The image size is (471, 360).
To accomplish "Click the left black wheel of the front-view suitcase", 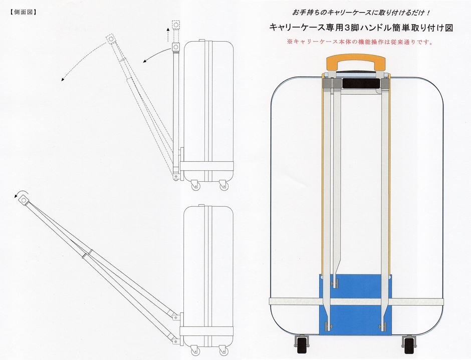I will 302,345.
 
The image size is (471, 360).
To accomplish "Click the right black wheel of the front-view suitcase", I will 409,345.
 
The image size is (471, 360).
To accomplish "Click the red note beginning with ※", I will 360,43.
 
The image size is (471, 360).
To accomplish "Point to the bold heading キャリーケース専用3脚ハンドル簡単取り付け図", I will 361,28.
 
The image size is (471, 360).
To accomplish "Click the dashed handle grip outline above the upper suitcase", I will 176,25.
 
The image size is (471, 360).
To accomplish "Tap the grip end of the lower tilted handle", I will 23,200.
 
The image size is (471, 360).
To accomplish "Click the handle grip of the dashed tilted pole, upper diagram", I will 111,40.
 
